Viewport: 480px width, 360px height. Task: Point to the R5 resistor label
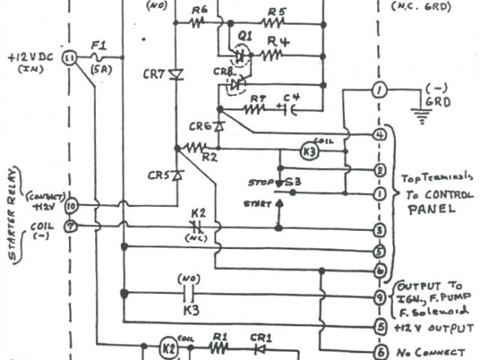tap(277, 10)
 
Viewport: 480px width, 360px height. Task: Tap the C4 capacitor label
tap(291, 97)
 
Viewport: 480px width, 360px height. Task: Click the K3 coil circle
tap(310, 149)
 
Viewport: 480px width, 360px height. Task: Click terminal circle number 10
tap(71, 204)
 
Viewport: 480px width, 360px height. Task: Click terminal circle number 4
tap(380, 135)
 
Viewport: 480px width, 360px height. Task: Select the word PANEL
tap(431, 211)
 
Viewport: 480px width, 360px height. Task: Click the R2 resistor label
tap(209, 157)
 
